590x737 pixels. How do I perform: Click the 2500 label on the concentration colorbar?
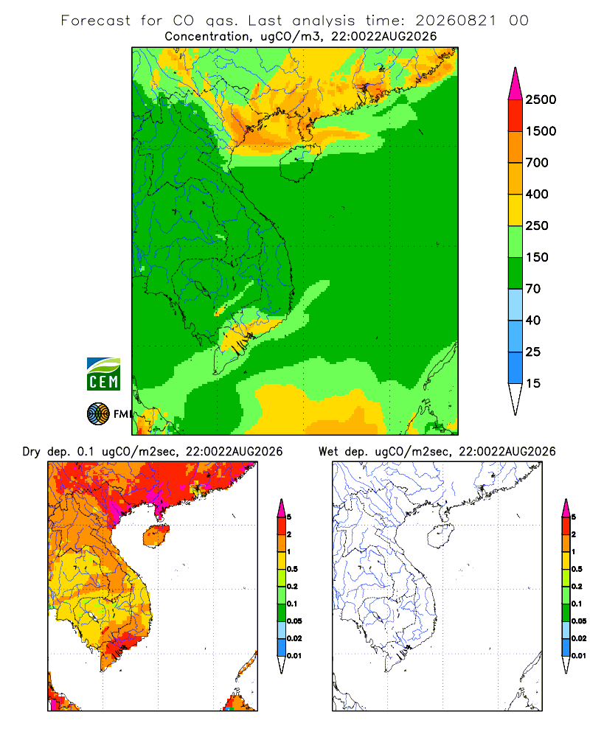[x=541, y=99]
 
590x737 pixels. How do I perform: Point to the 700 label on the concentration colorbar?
[x=537, y=163]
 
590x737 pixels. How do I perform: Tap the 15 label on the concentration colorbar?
[x=533, y=383]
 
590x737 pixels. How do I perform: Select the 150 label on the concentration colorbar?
[x=537, y=257]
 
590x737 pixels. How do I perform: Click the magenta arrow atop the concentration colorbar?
[x=516, y=85]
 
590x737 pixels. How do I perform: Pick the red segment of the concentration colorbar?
[x=516, y=116]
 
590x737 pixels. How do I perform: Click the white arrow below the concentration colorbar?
[x=516, y=399]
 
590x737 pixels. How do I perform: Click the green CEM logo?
[x=103, y=374]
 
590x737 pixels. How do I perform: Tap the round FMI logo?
[x=98, y=414]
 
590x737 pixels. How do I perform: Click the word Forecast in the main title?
[x=96, y=21]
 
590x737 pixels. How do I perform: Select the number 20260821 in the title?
[x=456, y=21]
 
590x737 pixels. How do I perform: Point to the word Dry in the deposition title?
[x=32, y=452]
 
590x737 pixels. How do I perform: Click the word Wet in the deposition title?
[x=328, y=452]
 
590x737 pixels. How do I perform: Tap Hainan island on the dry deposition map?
[x=156, y=536]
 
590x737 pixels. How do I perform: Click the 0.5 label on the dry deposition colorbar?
[x=292, y=569]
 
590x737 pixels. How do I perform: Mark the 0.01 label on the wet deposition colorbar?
[x=579, y=656]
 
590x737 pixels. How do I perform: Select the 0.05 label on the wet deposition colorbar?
[x=579, y=621]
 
